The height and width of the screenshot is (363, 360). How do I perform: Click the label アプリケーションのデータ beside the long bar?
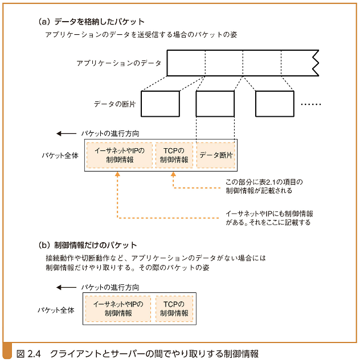pyautogui.click(x=118, y=63)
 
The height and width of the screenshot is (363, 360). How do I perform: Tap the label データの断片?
pyautogui.click(x=114, y=104)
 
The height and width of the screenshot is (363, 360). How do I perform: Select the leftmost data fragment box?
pyautogui.click(x=160, y=104)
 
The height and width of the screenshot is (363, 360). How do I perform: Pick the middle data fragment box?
pyautogui.click(x=215, y=104)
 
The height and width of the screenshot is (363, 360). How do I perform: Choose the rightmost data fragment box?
pyautogui.click(x=274, y=104)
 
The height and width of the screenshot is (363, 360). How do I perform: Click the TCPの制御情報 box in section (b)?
pyautogui.click(x=174, y=309)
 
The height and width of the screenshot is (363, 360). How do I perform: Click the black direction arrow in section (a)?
pyautogui.click(x=66, y=134)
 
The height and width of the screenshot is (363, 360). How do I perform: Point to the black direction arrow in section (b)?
pyautogui.click(x=66, y=288)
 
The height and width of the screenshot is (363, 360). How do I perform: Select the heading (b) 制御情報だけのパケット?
pyautogui.click(x=88, y=245)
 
